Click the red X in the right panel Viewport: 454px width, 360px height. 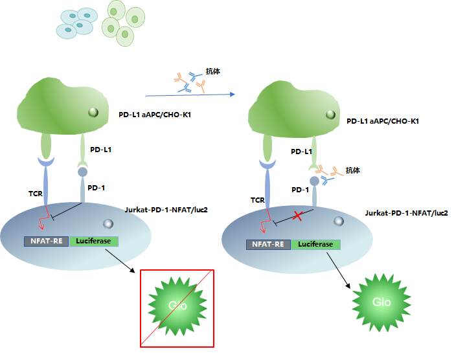[x=299, y=216]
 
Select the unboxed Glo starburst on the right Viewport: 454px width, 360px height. [x=381, y=301]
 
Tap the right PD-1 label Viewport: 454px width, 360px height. [x=300, y=190]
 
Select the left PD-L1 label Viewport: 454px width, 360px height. [x=100, y=150]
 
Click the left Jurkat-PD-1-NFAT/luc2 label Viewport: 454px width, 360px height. [x=166, y=210]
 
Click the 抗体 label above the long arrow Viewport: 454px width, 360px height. [x=212, y=71]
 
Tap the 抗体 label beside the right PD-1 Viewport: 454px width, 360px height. [x=352, y=170]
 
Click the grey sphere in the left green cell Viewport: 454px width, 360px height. [x=93, y=112]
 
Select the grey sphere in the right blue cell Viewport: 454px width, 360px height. [x=338, y=221]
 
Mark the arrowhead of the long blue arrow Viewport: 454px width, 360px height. [x=231, y=95]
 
